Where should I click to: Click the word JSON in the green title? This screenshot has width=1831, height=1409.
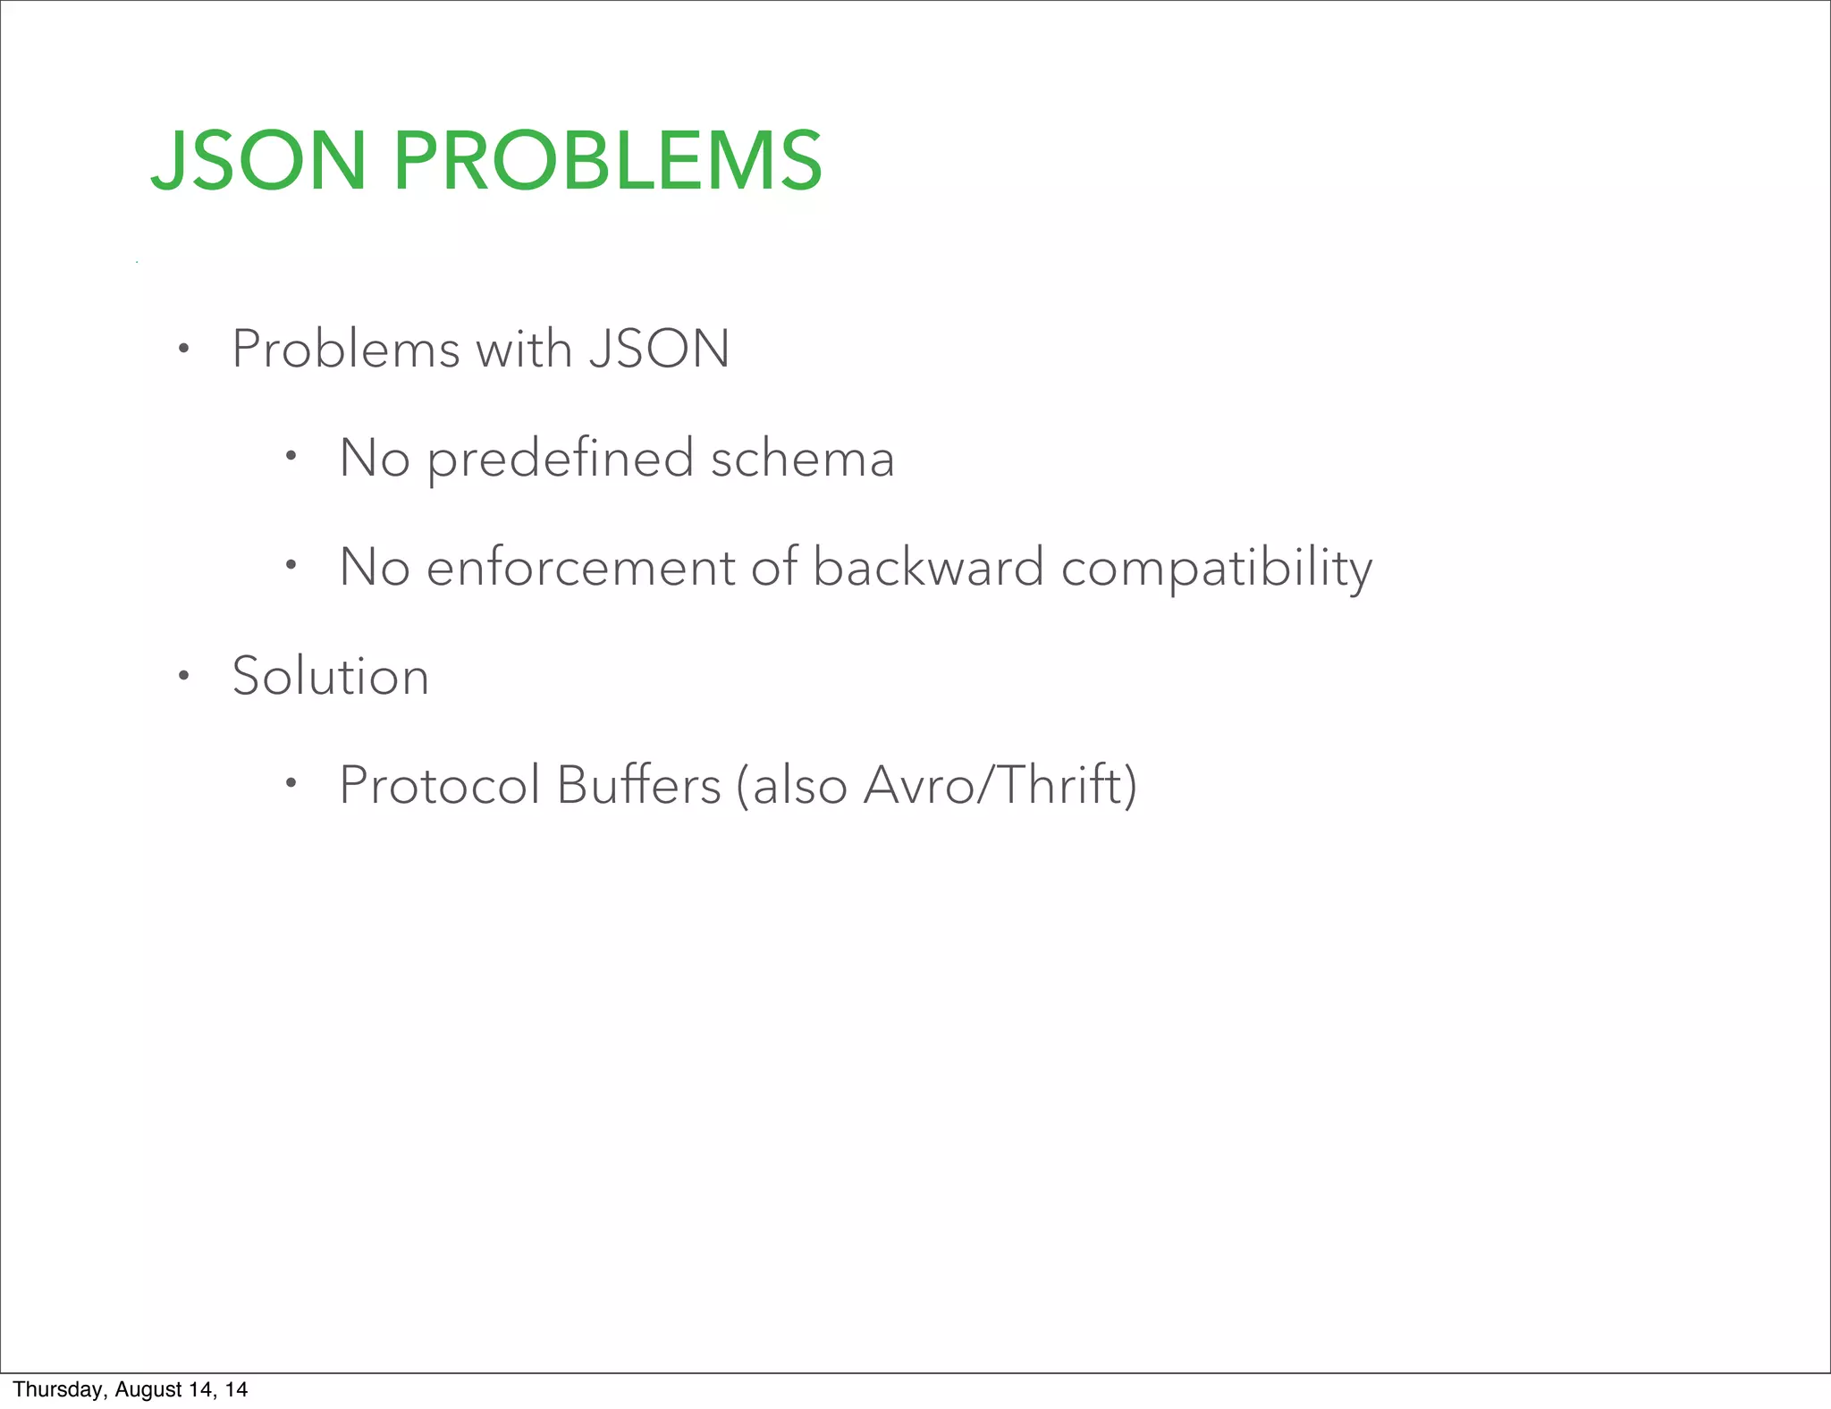pos(258,161)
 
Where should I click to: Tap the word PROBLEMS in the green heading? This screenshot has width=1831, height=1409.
pos(607,161)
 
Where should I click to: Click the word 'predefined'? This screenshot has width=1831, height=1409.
pos(561,460)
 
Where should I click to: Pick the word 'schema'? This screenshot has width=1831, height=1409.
pos(802,460)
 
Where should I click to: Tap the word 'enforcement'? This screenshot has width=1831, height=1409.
pos(580,568)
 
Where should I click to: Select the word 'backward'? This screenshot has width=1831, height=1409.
pos(928,568)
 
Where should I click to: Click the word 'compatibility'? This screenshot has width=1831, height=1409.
pos(1216,570)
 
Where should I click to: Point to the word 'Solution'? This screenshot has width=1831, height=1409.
pos(331,676)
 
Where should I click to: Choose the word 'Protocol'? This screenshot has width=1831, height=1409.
pos(440,786)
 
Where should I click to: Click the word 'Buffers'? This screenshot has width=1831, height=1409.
pos(638,786)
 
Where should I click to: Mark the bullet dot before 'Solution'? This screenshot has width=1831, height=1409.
pos(183,676)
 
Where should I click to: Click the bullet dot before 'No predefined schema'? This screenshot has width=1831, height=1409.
pos(291,457)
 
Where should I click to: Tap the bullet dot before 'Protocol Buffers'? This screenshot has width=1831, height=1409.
pos(291,784)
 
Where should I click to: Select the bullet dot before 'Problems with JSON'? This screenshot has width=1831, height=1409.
pos(183,349)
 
